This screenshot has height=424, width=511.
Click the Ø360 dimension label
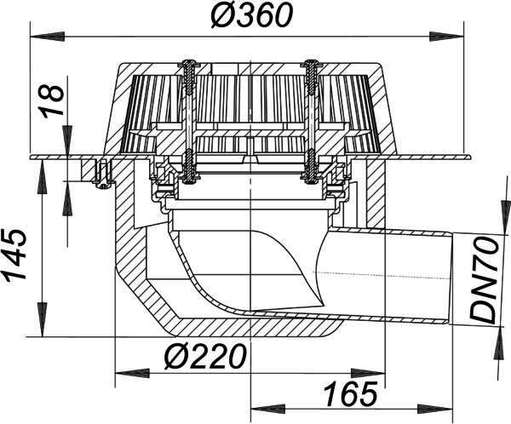[x=251, y=15]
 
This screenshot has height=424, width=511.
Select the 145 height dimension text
[x=14, y=255]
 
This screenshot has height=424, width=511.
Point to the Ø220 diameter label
[x=204, y=356]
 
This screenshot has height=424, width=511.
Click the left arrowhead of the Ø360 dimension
[x=46, y=36]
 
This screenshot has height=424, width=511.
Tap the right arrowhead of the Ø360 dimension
[x=446, y=36]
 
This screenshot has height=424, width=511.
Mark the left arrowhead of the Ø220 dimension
[x=133, y=373]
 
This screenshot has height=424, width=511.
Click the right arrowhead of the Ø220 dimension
[x=368, y=373]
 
